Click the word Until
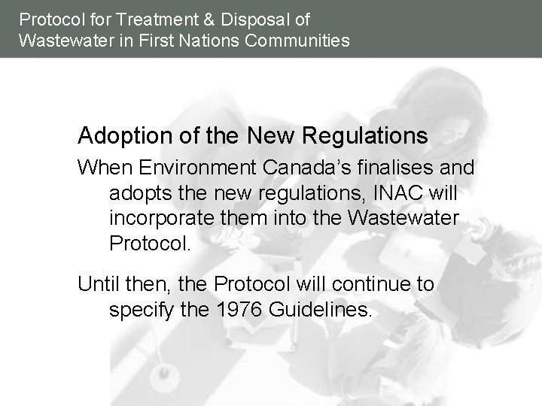[x=98, y=283]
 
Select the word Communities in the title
[x=297, y=40]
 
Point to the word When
[x=99, y=166]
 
